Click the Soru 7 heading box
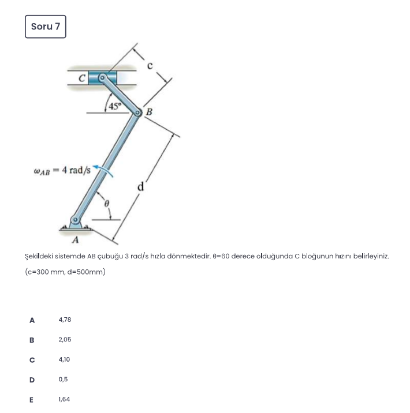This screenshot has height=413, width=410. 46,27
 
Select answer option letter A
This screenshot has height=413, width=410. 32,320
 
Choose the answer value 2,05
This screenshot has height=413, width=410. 65,340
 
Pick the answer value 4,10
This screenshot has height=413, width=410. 64,359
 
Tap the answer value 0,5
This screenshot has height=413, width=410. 63,380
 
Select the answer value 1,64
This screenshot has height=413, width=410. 64,399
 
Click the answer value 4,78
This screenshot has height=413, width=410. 65,320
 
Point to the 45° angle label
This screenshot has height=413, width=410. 113,106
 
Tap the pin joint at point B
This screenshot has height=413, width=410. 139,113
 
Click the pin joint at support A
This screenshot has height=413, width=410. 74,220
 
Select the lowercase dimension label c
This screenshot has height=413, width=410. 150,65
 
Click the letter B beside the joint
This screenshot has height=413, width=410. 148,112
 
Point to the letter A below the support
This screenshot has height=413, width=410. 76,240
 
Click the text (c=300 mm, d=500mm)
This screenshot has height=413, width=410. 65,272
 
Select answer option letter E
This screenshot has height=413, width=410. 32,399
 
